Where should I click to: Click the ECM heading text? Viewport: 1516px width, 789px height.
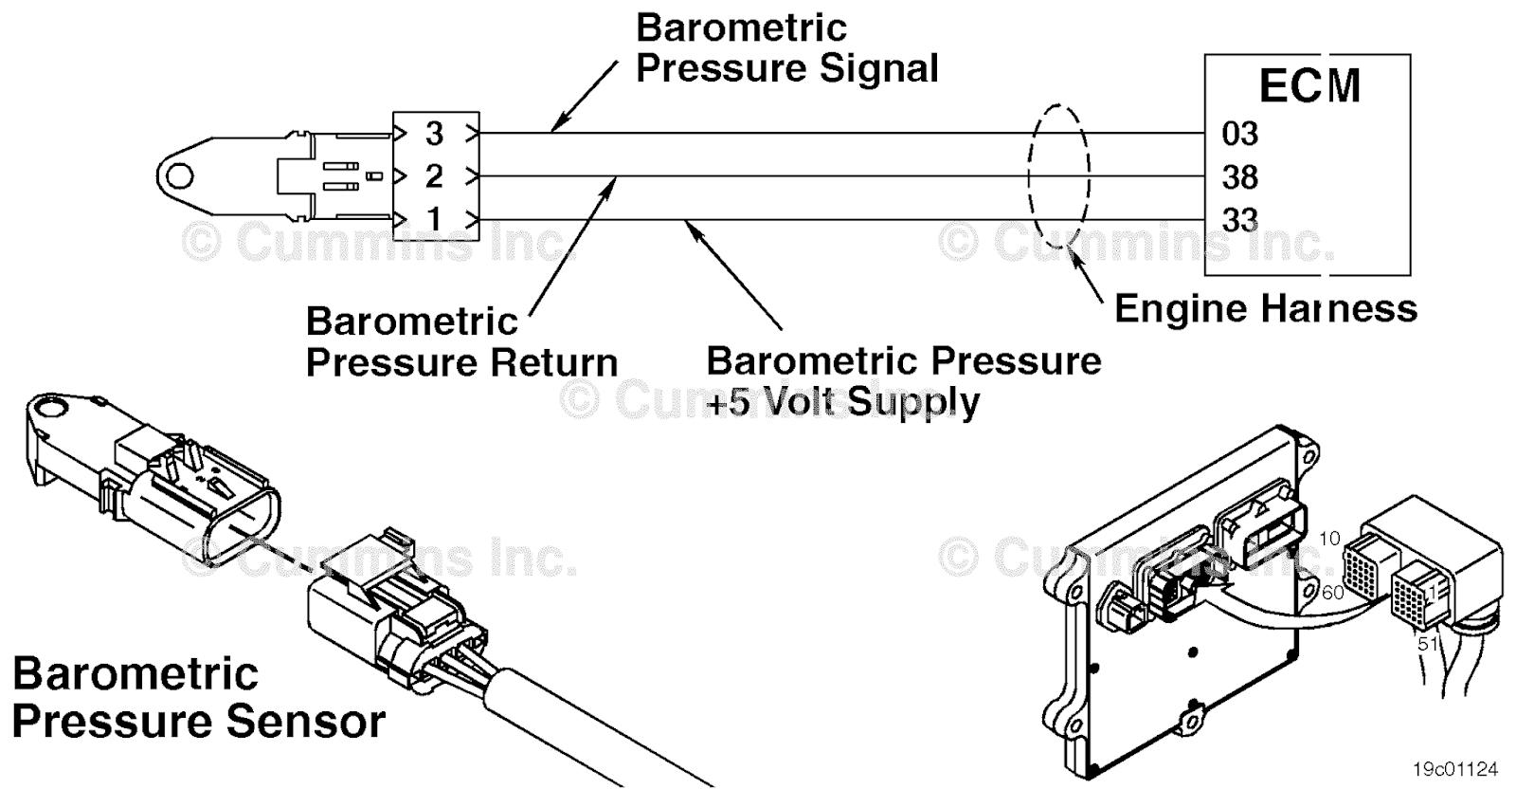(1309, 86)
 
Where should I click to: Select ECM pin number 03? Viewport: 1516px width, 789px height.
(1239, 134)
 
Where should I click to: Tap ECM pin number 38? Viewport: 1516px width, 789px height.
(1239, 177)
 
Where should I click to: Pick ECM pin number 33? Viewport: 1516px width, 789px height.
(1239, 221)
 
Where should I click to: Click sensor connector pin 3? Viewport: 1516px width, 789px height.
(434, 134)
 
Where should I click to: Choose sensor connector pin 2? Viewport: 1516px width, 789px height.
(434, 176)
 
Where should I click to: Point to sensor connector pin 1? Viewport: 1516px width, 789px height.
(434, 219)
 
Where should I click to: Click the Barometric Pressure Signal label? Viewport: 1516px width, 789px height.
(786, 48)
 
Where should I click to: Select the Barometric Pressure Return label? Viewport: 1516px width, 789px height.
(461, 342)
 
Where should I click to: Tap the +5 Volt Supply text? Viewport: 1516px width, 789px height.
(843, 402)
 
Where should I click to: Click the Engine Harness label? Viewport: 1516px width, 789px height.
(1266, 308)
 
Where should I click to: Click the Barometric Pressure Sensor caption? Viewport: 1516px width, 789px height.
(199, 698)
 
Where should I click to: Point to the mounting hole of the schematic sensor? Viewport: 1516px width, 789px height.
(176, 176)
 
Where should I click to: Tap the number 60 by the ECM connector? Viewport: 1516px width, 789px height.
(1332, 593)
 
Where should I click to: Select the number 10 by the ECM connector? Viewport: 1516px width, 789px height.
(1329, 539)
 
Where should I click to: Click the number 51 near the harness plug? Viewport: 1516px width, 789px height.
(1428, 644)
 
